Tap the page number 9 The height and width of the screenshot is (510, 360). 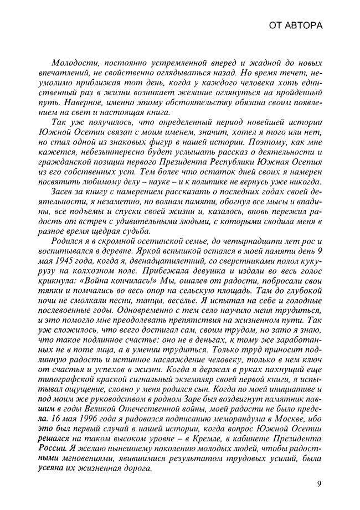pos(320,484)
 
